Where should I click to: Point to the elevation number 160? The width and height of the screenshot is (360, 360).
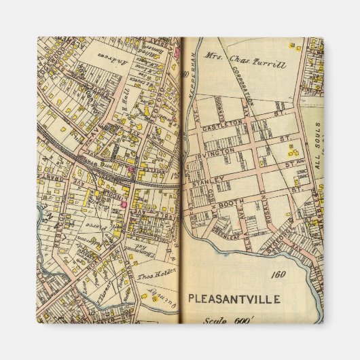tap(276, 275)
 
